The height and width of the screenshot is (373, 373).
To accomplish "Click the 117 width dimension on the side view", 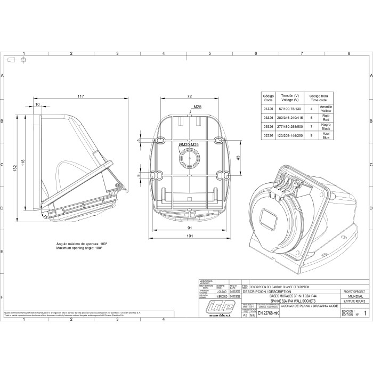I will click(80, 96).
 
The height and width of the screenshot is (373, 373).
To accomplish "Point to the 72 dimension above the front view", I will click(189, 96).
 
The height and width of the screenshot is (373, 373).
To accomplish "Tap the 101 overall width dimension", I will click(189, 236).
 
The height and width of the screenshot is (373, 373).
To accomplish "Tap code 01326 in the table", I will click(269, 108).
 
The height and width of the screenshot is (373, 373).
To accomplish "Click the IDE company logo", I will click(223, 308).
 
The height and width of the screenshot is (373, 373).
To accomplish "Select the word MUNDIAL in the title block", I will click(354, 296).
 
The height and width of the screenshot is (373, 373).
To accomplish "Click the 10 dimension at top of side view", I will click(37, 105).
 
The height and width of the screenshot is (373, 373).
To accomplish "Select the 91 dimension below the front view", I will click(189, 228).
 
